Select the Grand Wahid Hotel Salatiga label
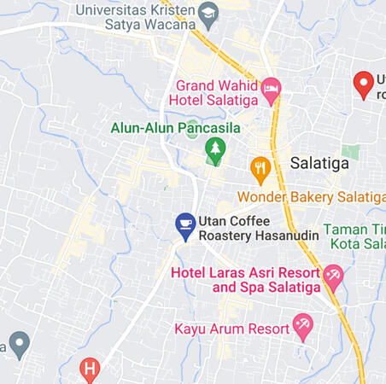pos(217,92)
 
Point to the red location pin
pos(364,84)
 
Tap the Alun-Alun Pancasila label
pos(175,128)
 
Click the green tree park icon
pos(214,150)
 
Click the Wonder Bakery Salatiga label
pos(311,197)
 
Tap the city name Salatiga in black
pos(319,163)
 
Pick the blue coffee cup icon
pos(185,225)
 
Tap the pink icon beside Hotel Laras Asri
pos(333,276)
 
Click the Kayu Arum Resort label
pos(231,328)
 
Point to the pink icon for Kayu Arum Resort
pos(302,325)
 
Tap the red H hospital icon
pos(90,369)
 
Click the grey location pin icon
pos(19,344)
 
